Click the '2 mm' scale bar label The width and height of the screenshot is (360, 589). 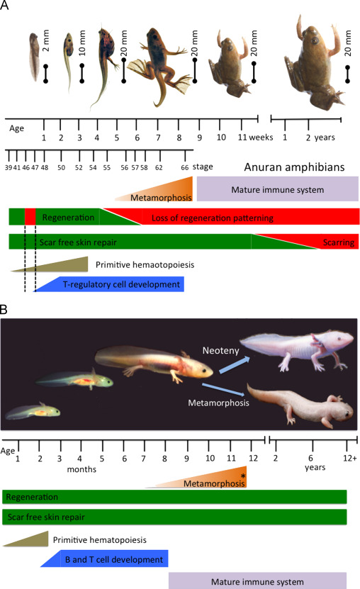45,40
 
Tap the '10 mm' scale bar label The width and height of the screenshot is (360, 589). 82,43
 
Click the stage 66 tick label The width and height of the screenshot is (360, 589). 185,167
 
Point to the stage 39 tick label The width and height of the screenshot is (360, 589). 9,167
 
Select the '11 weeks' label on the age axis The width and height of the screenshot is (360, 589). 255,138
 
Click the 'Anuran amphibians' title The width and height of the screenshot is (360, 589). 294,167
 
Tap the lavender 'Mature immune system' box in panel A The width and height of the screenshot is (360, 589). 277,189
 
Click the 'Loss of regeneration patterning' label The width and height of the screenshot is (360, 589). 213,218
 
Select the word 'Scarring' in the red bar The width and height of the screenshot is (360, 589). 339,242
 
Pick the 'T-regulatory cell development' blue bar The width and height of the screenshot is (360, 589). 110,284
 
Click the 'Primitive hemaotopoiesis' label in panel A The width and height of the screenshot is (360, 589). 145,265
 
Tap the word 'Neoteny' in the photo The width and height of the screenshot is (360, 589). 220,350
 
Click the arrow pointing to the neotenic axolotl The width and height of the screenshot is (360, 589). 235,364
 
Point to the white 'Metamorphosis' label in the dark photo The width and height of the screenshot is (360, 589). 218,403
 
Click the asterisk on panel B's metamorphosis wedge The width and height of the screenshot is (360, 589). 243,476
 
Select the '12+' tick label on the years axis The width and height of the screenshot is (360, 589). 350,459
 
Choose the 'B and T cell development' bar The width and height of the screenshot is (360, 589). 105,559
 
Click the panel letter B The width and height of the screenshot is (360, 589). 4,310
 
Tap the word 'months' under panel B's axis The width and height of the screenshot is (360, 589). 81,469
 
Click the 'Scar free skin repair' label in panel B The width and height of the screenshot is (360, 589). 46,517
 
